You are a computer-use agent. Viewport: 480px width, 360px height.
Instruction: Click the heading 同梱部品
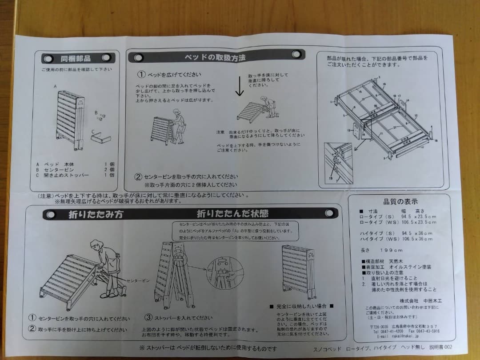pyautogui.click(x=76, y=59)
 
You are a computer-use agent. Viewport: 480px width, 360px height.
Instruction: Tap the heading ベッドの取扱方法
pyautogui.click(x=215, y=57)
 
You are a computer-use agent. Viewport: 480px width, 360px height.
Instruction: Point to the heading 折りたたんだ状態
pyautogui.click(x=232, y=214)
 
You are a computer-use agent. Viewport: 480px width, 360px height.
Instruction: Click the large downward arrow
pyautogui.click(x=240, y=86)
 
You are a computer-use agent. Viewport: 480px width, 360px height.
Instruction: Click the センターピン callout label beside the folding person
pyautogui.click(x=139, y=281)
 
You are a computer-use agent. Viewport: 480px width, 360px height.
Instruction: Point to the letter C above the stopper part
pyautogui.click(x=93, y=131)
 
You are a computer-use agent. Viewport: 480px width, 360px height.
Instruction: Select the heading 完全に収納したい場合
pyautogui.click(x=301, y=306)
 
